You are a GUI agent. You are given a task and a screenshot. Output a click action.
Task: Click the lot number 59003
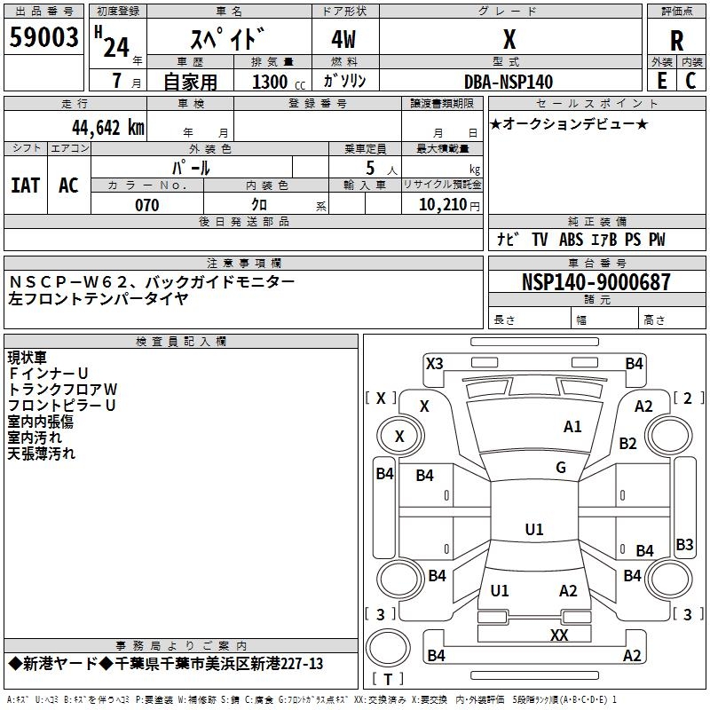click(43, 37)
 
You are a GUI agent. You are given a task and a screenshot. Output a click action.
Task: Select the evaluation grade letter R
click(676, 41)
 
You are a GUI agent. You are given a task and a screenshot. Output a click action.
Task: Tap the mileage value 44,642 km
click(108, 128)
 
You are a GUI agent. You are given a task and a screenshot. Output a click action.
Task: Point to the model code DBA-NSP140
click(509, 82)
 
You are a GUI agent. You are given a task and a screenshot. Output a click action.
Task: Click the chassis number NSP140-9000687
click(596, 281)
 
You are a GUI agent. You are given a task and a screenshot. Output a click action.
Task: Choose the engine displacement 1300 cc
click(279, 82)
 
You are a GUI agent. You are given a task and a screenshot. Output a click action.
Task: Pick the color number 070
click(147, 205)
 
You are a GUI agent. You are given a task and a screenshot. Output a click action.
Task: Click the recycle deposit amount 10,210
click(443, 205)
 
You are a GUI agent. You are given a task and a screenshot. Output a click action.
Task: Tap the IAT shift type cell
click(26, 185)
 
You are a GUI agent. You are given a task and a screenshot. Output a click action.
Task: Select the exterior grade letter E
click(661, 81)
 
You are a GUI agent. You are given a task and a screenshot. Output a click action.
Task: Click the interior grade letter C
click(690, 81)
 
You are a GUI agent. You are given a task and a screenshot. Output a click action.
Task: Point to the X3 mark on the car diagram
click(435, 363)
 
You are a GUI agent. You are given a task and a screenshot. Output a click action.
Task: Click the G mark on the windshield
click(561, 468)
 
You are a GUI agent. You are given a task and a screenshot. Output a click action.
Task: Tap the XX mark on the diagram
click(559, 635)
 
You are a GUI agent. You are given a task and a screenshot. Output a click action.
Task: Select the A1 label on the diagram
click(572, 427)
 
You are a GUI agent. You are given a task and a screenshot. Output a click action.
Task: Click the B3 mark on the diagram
click(684, 544)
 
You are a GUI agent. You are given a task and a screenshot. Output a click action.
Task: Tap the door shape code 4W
click(343, 39)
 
